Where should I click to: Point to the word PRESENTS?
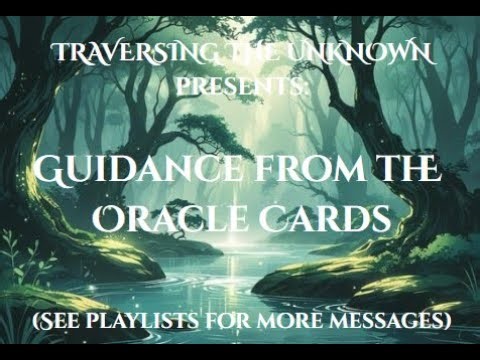click(236, 85)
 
